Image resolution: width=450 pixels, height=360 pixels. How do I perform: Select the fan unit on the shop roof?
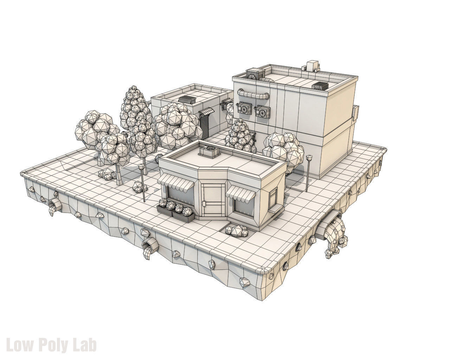coord(209,150)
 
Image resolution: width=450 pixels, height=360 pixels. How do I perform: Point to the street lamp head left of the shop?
coord(141,167)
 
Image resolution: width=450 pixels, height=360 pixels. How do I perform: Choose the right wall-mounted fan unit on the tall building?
coord(263,111)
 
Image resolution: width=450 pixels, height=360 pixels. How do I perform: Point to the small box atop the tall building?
coord(311,65)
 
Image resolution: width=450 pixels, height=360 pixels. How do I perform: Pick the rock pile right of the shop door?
coord(236,231)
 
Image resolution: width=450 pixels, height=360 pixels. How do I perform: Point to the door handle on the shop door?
coord(204,203)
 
